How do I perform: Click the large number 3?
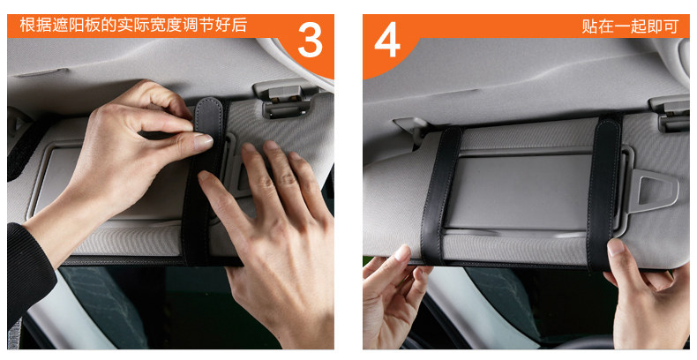tap(310, 39)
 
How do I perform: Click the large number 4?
tap(387, 40)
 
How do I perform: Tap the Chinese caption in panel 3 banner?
tap(133, 25)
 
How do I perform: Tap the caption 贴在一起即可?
tap(630, 26)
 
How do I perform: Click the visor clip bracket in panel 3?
tap(284, 99)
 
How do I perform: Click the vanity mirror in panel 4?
tap(519, 192)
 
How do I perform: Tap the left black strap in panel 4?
tap(440, 196)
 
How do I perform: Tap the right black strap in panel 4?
tap(603, 192)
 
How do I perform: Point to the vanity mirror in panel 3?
tap(111, 183)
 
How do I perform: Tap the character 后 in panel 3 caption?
tap(239, 25)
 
